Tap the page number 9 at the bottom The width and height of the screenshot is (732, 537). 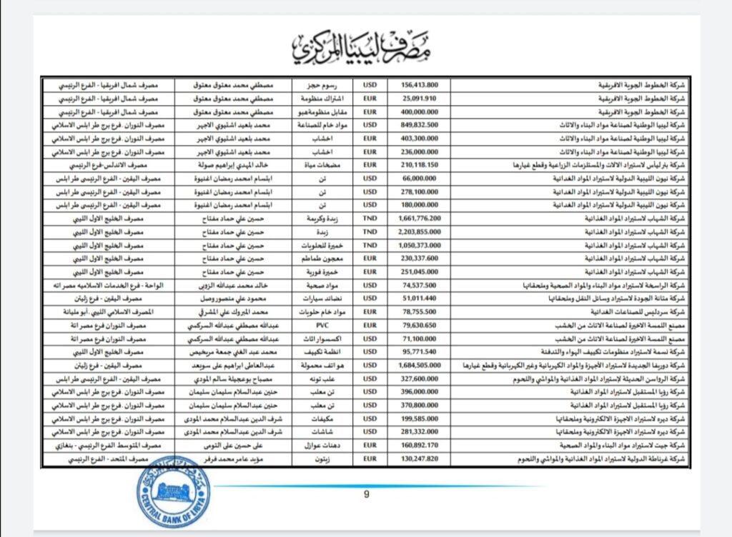[x=367, y=494]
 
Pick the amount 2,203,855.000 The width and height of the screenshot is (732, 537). [x=421, y=232]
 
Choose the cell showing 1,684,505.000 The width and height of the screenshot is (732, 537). [x=421, y=366]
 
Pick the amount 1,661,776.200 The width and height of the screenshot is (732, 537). [x=421, y=219]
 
